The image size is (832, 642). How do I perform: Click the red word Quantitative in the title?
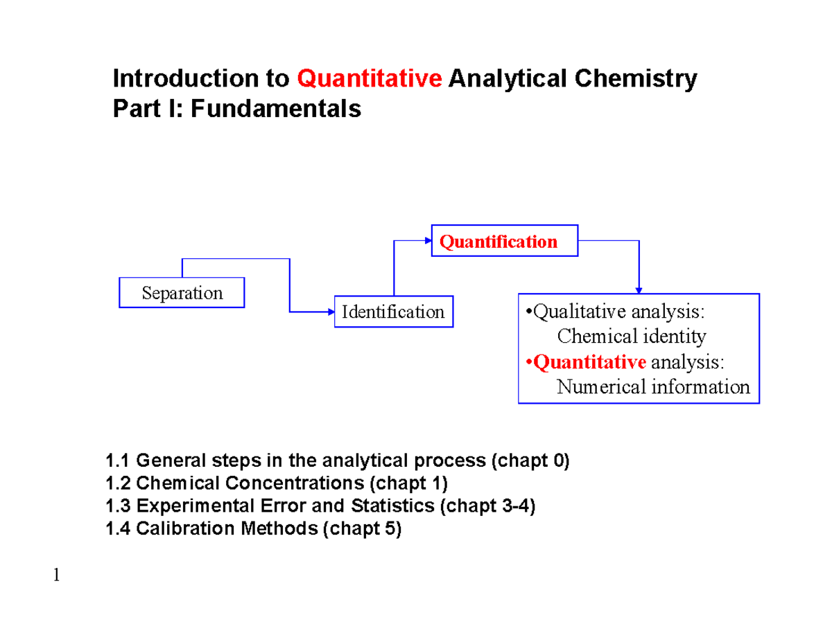370,80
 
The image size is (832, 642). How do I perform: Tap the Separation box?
182,293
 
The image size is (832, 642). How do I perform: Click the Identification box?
393,312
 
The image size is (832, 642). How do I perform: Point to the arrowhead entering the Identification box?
331,312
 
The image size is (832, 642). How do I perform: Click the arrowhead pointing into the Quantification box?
428,241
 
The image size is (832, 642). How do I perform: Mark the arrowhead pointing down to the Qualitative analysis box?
639,289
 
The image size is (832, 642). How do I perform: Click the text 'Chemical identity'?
631,337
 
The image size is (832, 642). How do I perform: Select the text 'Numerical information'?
653,386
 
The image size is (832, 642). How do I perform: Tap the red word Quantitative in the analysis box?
589,362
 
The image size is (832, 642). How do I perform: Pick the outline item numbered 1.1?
336,461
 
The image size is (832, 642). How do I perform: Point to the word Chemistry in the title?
641,80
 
